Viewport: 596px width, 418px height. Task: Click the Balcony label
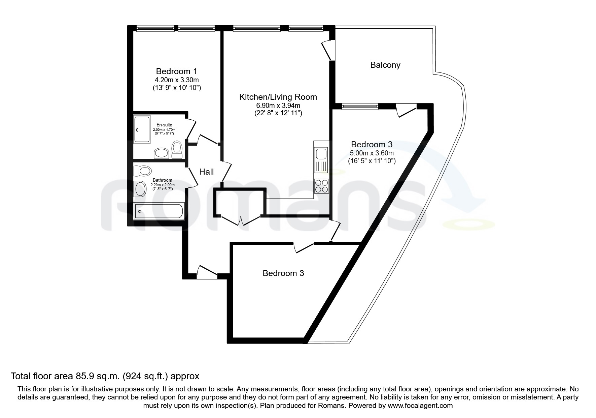pyautogui.click(x=385, y=65)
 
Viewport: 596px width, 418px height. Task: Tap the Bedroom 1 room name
pyautogui.click(x=176, y=71)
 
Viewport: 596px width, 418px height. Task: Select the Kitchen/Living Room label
pyautogui.click(x=278, y=97)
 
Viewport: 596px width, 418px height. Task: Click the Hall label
pyautogui.click(x=206, y=172)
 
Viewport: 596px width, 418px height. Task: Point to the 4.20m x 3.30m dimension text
pyautogui.click(x=176, y=80)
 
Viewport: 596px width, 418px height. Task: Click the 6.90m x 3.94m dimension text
pyautogui.click(x=278, y=106)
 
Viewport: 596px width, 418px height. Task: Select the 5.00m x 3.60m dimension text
pyautogui.click(x=372, y=153)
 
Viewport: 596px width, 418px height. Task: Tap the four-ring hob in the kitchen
pyautogui.click(x=321, y=186)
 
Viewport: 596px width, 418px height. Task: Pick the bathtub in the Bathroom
pyautogui.click(x=159, y=211)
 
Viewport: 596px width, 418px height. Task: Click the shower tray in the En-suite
pyautogui.click(x=142, y=129)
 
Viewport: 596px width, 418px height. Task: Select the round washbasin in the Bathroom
pyautogui.click(x=140, y=189)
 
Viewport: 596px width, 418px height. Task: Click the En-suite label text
pyautogui.click(x=164, y=125)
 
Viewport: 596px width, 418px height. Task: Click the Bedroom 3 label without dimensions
pyautogui.click(x=283, y=273)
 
